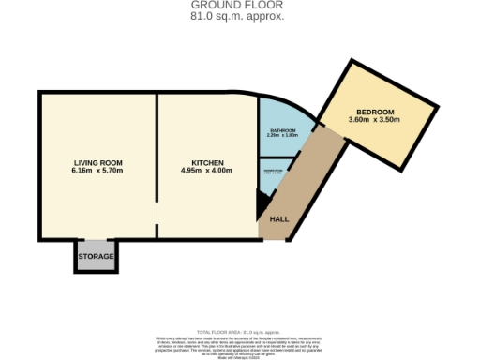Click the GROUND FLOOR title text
[240, 6]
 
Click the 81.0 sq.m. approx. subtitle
[240, 16]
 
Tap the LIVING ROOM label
[97, 161]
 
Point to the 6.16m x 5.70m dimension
[97, 171]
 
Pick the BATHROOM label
[283, 130]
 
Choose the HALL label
[279, 219]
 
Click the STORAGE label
[97, 256]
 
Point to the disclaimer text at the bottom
[240, 341]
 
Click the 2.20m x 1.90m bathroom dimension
[283, 136]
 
